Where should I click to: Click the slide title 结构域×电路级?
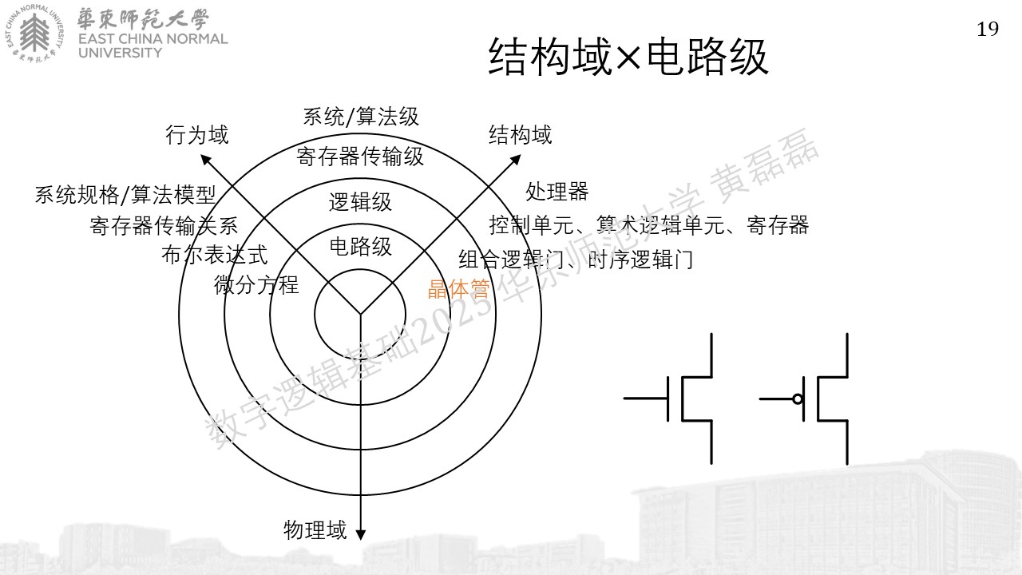click(628, 57)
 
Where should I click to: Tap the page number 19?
click(988, 30)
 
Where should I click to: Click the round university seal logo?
click(35, 34)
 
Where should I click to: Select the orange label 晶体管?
click(458, 289)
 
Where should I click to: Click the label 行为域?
click(196, 135)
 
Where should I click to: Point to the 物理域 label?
click(315, 530)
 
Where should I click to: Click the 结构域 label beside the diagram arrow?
click(520, 135)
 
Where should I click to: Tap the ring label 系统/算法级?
click(361, 117)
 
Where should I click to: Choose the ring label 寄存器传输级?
click(360, 157)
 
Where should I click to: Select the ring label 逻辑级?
click(360, 202)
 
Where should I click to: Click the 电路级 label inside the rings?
click(360, 247)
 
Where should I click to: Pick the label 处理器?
click(557, 191)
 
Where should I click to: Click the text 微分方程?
click(256, 285)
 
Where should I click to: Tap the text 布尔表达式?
click(214, 255)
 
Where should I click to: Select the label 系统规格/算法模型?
click(125, 195)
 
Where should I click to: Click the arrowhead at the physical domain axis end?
click(360, 535)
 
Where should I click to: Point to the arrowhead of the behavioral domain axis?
click(205, 159)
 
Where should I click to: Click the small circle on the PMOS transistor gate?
click(798, 399)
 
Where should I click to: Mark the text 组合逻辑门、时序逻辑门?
click(576, 260)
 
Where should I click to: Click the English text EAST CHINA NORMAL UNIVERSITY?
click(153, 46)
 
